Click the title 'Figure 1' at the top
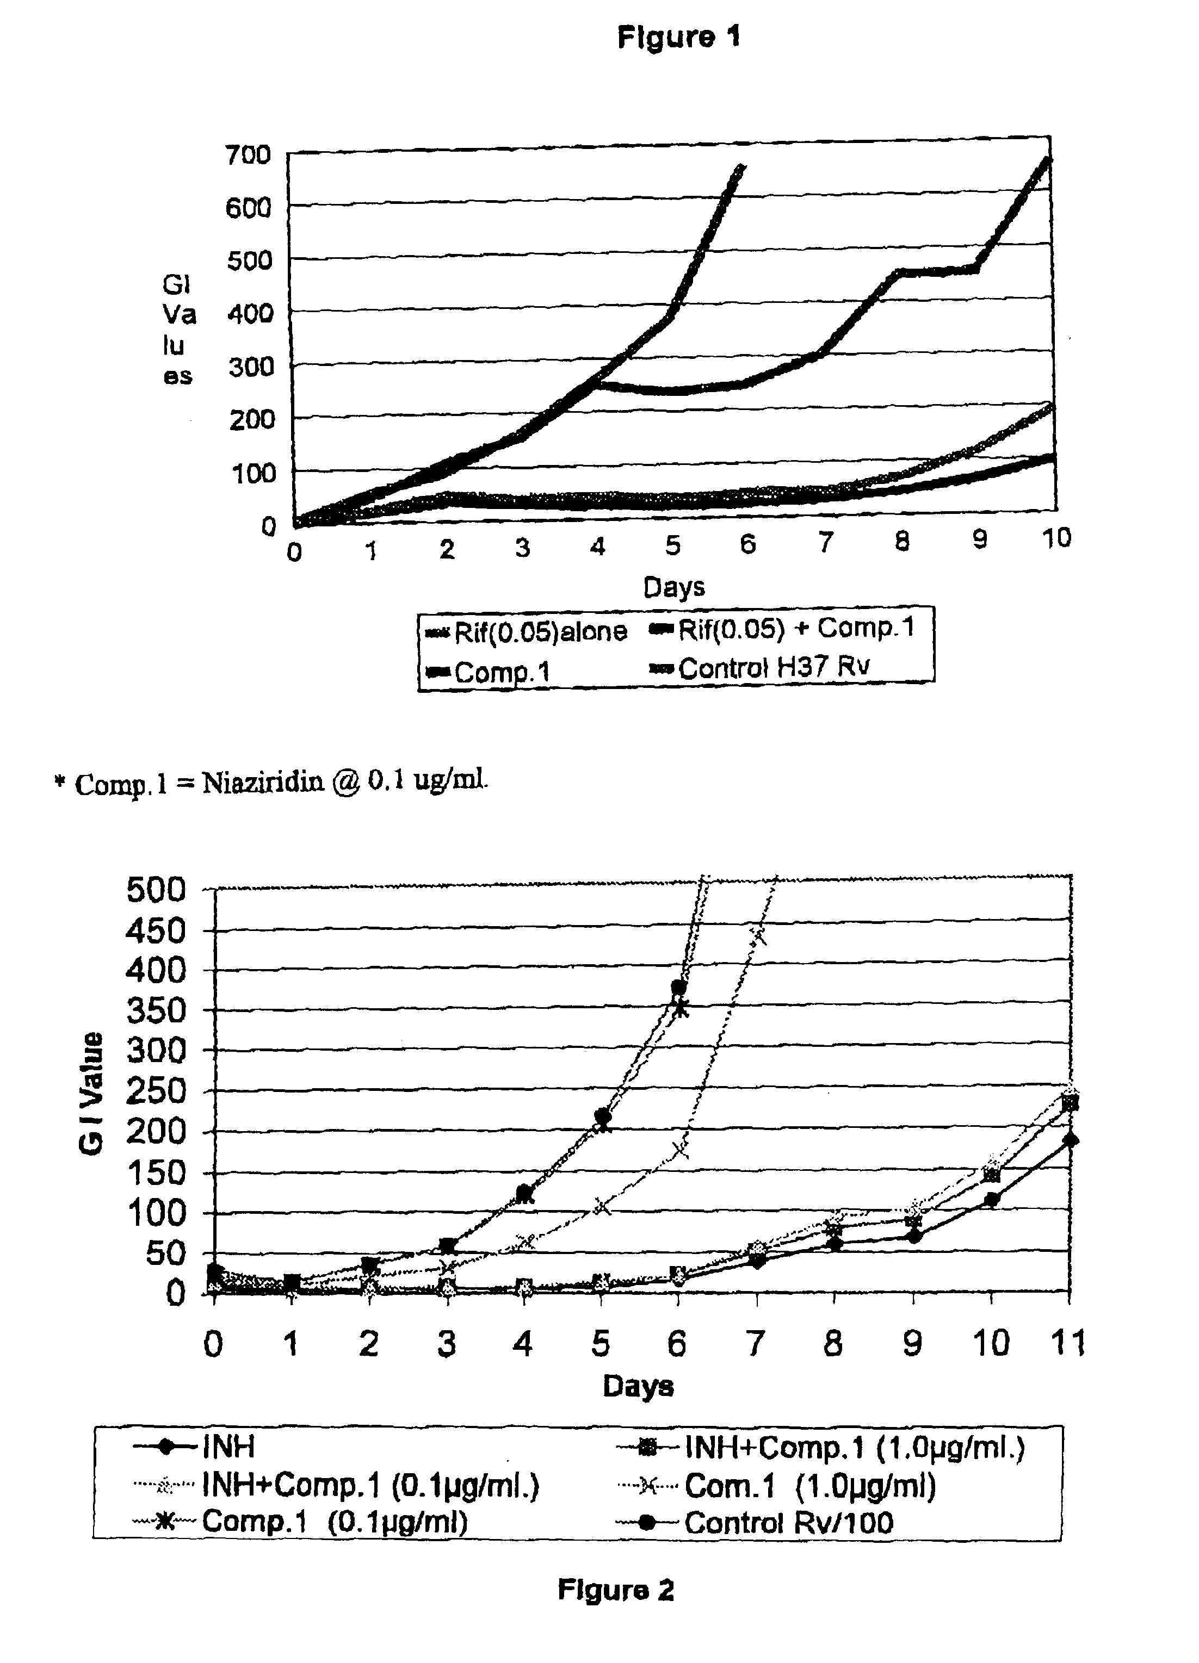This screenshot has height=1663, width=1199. pyautogui.click(x=678, y=36)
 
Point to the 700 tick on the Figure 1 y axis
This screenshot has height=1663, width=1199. pyautogui.click(x=249, y=154)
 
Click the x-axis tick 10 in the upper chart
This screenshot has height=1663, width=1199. pyautogui.click(x=1056, y=539)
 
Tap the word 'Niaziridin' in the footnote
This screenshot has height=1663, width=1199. pyautogui.click(x=263, y=783)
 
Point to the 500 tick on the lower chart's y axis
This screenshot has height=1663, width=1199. pyautogui.click(x=156, y=890)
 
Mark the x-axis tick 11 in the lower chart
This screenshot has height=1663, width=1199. pyautogui.click(x=1068, y=1343)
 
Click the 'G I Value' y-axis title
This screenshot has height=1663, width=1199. pyautogui.click(x=92, y=1093)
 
